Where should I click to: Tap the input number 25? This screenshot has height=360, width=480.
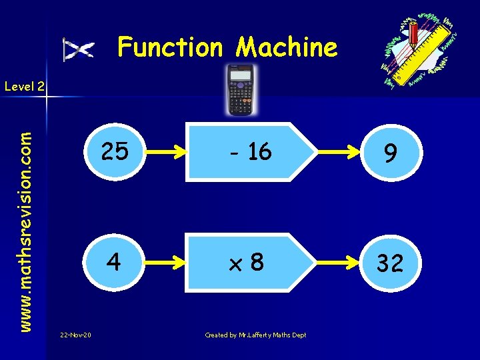pyautogui.click(x=114, y=153)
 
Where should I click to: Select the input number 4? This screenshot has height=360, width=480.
pyautogui.click(x=114, y=262)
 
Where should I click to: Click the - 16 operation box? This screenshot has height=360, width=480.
pyautogui.click(x=250, y=153)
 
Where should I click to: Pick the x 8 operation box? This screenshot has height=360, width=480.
pyautogui.click(x=250, y=262)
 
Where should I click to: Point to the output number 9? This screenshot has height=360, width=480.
pyautogui.click(x=390, y=155)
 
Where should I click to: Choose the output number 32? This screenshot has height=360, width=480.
pyautogui.click(x=390, y=263)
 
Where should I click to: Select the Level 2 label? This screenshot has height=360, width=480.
pyautogui.click(x=24, y=86)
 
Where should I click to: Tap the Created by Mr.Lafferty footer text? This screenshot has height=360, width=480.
pyautogui.click(x=255, y=335)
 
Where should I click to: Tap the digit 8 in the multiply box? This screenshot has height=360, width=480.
pyautogui.click(x=257, y=262)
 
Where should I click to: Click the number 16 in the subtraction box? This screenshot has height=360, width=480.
pyautogui.click(x=259, y=153)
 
